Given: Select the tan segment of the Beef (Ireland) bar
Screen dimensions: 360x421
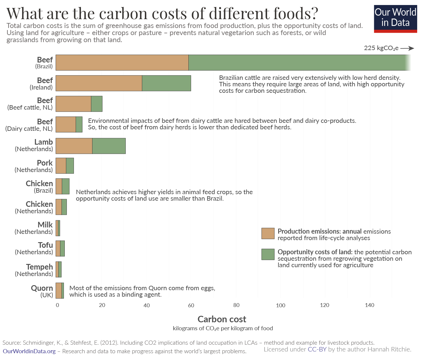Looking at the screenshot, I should click(99, 83).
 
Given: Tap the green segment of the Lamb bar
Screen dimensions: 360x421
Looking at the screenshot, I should click(109, 146).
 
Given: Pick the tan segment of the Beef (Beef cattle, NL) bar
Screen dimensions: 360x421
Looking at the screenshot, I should click(73, 104).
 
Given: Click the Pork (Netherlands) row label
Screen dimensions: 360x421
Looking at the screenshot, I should click(34, 166).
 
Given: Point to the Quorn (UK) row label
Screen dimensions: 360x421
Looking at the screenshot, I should click(42, 291).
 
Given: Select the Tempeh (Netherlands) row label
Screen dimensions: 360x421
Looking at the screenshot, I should click(34, 270).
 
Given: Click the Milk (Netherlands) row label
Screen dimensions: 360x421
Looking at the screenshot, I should click(34, 228).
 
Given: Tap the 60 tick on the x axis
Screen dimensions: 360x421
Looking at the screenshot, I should click(191, 305).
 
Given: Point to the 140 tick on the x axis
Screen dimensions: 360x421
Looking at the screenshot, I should click(369, 305).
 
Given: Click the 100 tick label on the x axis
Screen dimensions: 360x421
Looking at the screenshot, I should click(281, 305).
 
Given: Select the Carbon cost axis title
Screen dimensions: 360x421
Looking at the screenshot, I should click(222, 319).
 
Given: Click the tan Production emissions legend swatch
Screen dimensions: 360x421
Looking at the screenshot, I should click(268, 233).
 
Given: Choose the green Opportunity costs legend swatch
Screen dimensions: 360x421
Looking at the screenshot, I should click(268, 255).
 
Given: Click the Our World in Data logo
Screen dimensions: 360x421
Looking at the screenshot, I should click(395, 19).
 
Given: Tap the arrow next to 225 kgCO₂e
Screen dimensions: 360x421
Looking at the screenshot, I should click(407, 48).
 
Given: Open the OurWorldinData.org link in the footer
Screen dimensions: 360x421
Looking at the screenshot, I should click(29, 351).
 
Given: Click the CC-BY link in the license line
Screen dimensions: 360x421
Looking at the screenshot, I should click(317, 349).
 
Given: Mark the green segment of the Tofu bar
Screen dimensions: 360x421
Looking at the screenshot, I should click(62, 249).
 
